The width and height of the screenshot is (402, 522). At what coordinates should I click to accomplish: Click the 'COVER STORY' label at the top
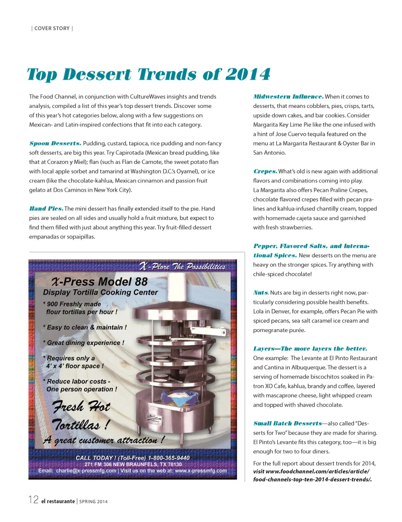52,29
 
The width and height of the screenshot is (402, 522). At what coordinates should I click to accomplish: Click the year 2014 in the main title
248,75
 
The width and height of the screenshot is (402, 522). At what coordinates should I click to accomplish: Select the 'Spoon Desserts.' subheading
55,143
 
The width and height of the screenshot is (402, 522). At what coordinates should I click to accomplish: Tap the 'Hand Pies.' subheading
46,209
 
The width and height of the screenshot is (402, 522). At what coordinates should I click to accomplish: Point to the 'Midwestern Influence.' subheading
288,97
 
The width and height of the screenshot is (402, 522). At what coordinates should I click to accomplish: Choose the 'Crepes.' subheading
265,171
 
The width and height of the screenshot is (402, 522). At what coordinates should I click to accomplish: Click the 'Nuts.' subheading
261,293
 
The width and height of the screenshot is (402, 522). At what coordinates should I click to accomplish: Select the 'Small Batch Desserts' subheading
288,423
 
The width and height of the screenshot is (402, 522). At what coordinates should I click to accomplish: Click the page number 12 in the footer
33,500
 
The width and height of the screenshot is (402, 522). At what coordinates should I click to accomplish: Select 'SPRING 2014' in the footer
93,501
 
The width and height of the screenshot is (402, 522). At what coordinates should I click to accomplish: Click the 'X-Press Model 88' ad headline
100,281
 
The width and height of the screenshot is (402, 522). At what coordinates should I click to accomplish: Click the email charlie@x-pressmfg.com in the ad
86,471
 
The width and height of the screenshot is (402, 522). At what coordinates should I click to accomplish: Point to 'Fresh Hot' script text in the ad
81,407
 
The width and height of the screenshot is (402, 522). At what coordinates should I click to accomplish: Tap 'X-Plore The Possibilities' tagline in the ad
182,267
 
